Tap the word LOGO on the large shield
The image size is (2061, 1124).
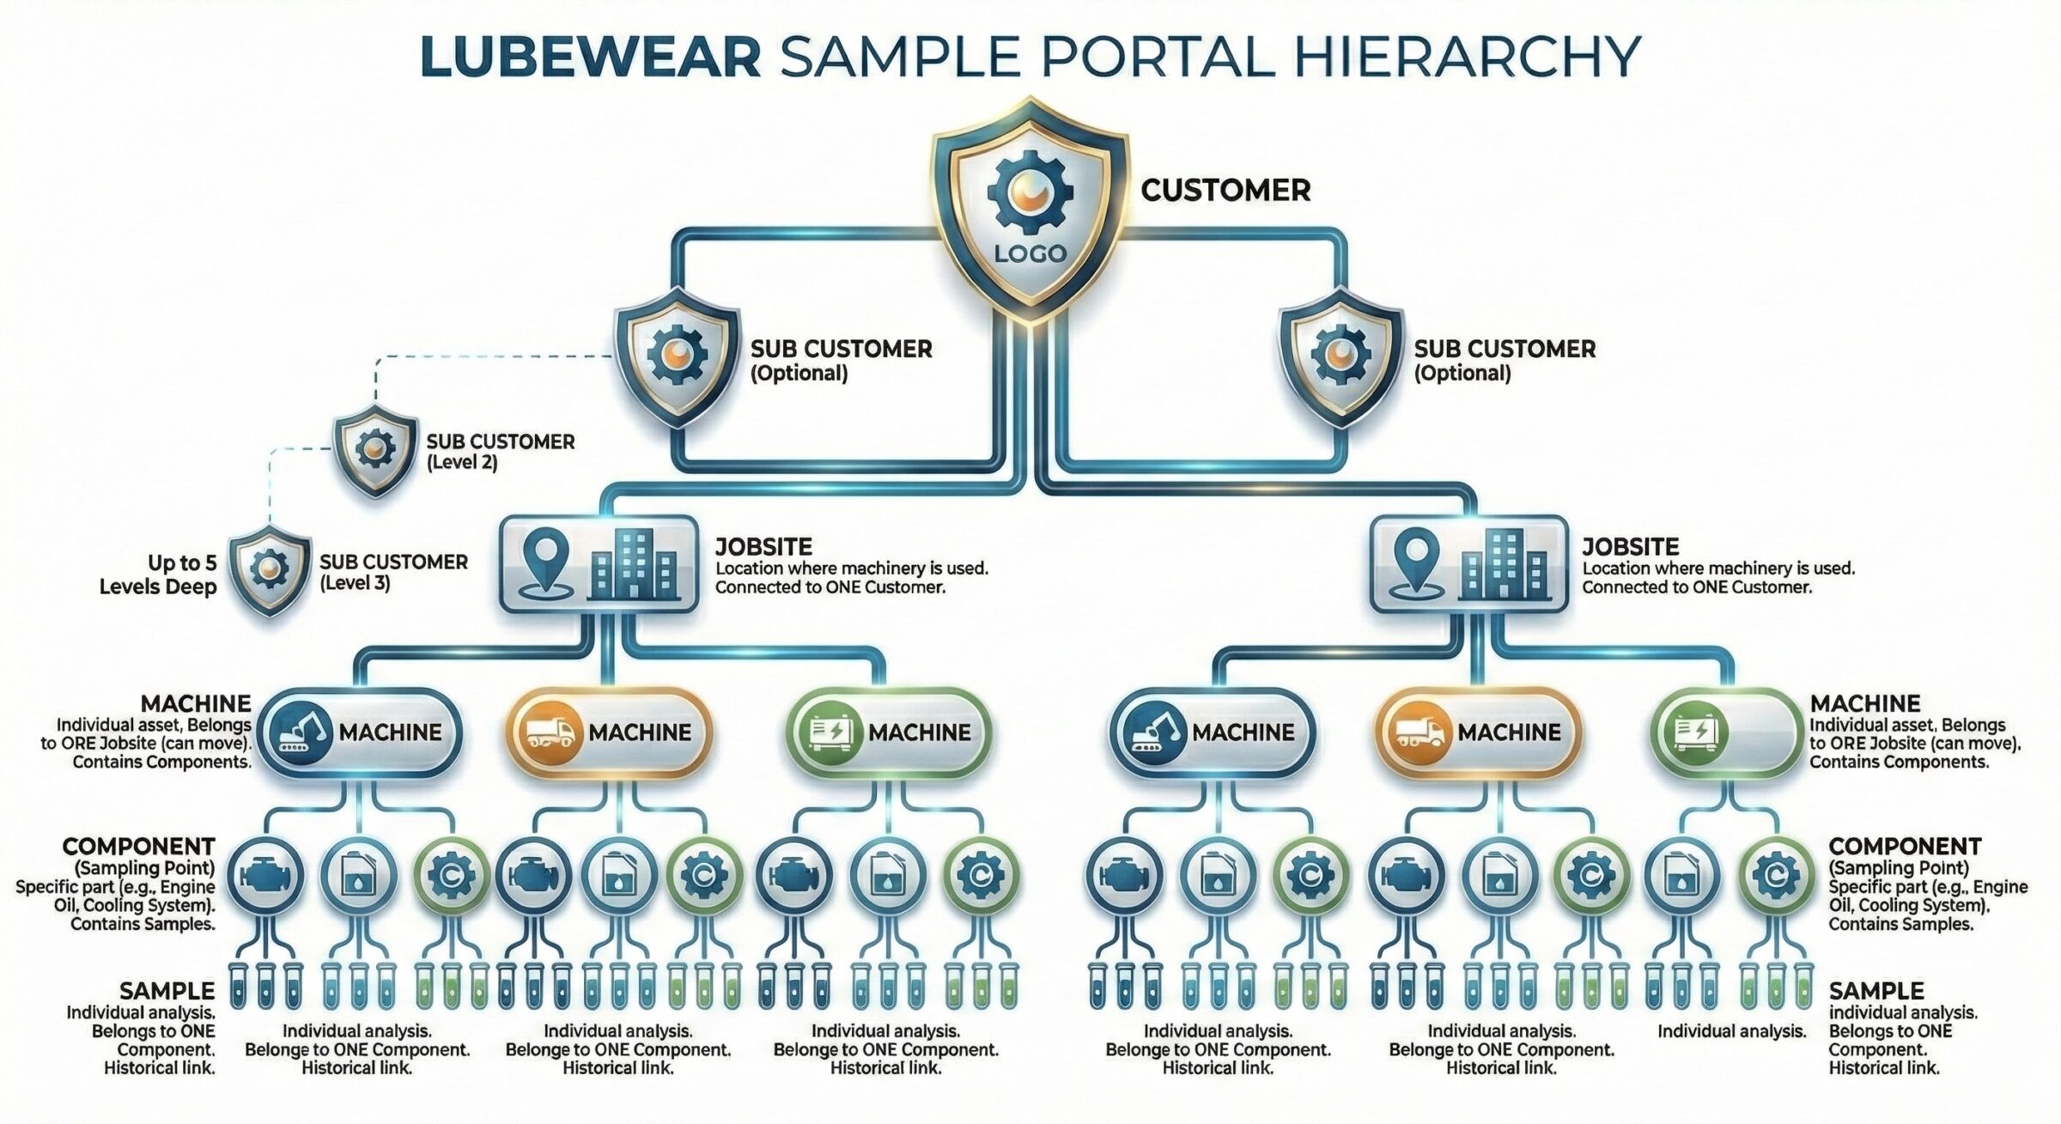1030,252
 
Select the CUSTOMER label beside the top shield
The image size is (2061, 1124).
1225,190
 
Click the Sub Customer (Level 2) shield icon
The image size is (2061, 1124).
374,448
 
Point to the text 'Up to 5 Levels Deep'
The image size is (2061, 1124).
160,574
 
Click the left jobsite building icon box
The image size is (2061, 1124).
599,563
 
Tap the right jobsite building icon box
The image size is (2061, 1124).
1468,563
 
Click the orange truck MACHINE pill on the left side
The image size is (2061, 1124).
609,732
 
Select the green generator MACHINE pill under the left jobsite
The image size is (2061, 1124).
888,732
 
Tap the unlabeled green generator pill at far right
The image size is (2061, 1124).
1727,732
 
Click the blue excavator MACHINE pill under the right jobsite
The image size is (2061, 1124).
1212,732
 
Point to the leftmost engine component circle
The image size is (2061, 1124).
266,876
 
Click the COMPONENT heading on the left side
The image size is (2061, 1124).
138,846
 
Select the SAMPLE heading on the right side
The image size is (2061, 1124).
1876,990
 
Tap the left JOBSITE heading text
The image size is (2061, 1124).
763,546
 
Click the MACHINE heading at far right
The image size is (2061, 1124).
1864,703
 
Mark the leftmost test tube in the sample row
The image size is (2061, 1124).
238,987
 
